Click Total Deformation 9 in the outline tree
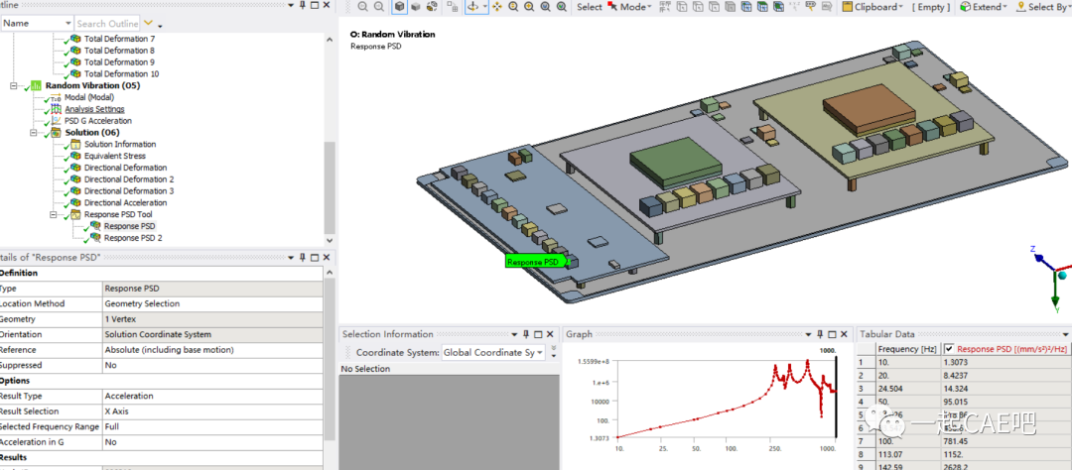[119, 62]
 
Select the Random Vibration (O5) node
[92, 85]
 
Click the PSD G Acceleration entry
[97, 121]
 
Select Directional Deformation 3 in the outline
[128, 190]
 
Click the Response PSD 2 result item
[132, 238]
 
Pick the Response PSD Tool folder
[118, 214]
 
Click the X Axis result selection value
[122, 411]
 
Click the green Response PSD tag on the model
[534, 262]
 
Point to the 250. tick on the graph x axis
[774, 449]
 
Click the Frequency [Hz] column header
[907, 349]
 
